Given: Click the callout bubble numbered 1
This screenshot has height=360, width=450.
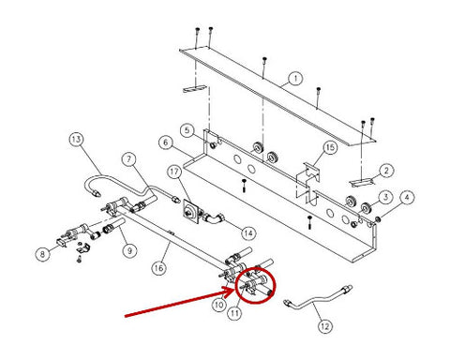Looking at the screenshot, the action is tap(294, 79).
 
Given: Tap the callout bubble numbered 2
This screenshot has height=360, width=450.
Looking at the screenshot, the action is tap(386, 171).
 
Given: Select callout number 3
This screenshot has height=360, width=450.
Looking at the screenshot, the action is tap(385, 197).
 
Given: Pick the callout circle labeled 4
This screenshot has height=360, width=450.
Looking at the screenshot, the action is tap(407, 197).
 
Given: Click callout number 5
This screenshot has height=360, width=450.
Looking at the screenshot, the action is tap(187, 130).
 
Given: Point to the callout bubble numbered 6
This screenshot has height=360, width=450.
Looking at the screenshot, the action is tap(166, 142).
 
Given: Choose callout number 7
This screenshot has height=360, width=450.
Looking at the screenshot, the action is tap(128, 159).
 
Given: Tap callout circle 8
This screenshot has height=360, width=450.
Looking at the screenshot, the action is tap(43, 254).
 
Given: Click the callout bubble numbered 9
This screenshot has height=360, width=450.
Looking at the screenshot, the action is tap(129, 250).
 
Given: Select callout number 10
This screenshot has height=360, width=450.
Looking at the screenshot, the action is tap(219, 304).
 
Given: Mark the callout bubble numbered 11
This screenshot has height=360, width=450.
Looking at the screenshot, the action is tap(234, 313).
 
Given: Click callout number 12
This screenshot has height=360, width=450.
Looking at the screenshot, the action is tap(325, 326).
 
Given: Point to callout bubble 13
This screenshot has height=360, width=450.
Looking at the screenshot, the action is tap(76, 139).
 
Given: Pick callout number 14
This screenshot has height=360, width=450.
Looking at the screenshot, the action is tap(248, 232).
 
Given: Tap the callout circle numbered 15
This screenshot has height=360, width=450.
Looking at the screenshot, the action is tap(330, 147).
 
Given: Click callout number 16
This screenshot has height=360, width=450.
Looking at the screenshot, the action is tap(158, 267).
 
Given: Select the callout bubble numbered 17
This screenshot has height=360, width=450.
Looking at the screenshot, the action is tap(174, 172).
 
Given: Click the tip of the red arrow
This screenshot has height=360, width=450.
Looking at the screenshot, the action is tap(234, 290).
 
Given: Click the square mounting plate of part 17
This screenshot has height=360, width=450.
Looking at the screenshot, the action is tap(191, 212).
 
